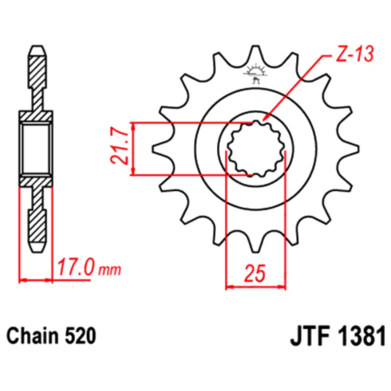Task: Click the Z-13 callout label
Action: pos(355,54)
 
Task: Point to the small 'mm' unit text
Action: pos(110,270)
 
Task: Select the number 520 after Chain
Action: pos(80,335)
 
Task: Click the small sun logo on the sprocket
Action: pos(255,74)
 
